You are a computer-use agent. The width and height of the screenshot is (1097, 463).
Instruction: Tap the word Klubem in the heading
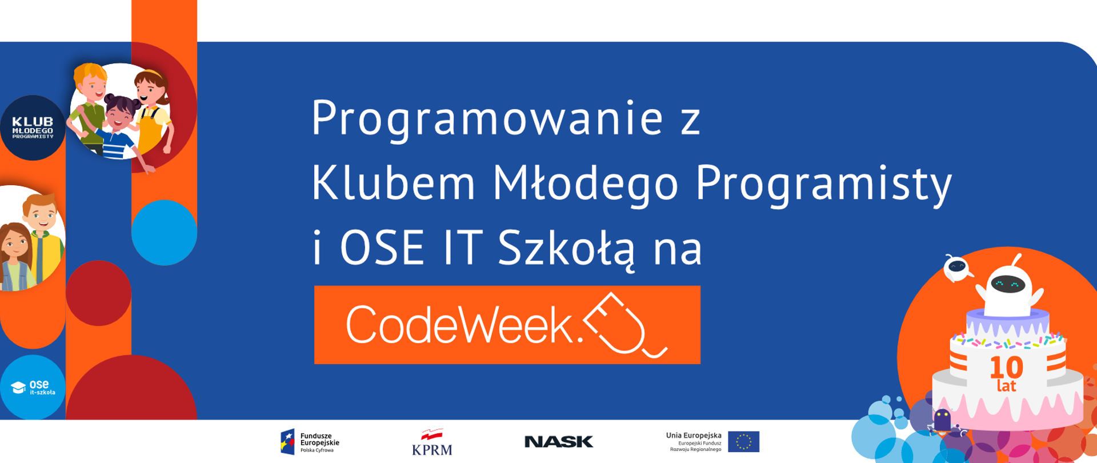[x=393, y=183]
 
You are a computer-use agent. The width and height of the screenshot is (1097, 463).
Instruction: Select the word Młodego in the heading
[x=585, y=183]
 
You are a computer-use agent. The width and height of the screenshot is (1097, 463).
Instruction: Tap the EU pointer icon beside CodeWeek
[x=626, y=324]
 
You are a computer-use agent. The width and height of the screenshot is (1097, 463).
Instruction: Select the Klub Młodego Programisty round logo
[x=33, y=128]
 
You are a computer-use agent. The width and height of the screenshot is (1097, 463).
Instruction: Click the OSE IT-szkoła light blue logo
[x=33, y=388]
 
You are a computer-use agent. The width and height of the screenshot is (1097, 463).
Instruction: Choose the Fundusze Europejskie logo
[x=310, y=442]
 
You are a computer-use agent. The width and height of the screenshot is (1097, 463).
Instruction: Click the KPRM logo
[x=432, y=442]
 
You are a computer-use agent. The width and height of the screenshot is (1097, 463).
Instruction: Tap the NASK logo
[x=559, y=441]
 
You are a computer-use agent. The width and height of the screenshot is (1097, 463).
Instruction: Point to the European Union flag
[x=743, y=442]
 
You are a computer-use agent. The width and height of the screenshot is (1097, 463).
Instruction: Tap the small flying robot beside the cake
[x=957, y=268]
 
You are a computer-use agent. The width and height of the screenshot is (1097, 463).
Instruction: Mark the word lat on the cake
[x=1006, y=386]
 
